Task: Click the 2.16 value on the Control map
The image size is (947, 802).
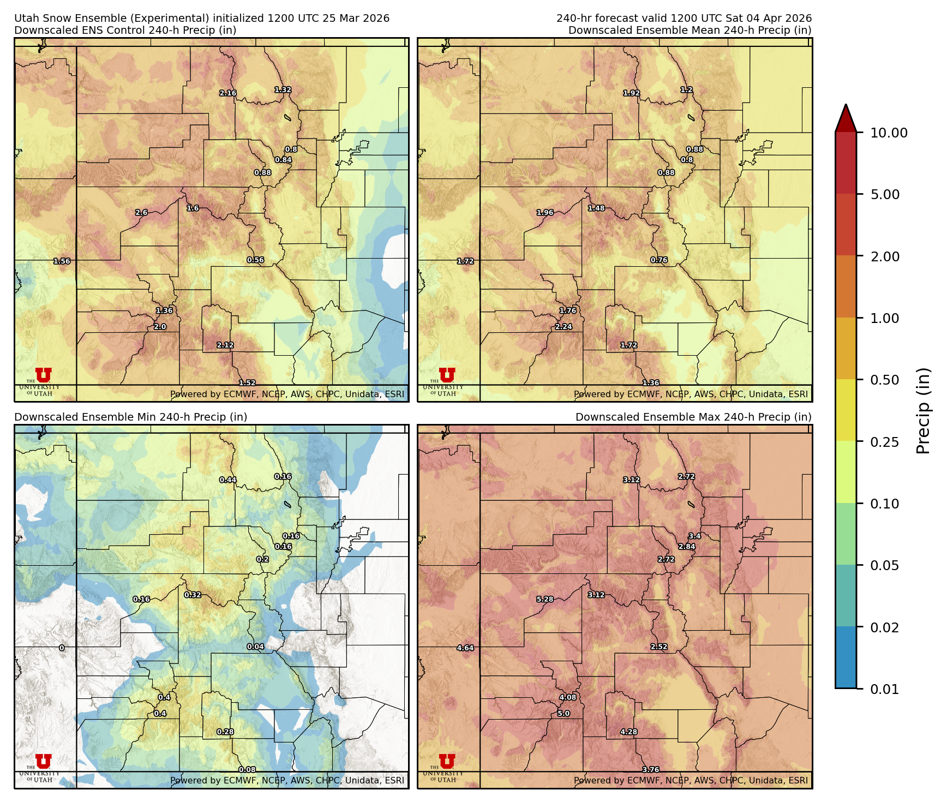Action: [228, 93]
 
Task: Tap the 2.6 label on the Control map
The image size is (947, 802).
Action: [141, 213]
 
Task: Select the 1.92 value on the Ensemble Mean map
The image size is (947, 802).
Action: [632, 93]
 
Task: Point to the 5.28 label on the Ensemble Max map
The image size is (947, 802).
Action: [545, 599]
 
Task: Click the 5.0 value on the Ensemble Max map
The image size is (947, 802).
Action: [564, 714]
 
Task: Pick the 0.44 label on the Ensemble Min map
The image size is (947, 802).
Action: [228, 480]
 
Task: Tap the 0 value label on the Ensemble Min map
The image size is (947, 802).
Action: [62, 648]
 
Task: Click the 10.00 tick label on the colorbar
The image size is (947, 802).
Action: [889, 133]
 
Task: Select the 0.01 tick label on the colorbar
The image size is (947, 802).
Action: [884, 689]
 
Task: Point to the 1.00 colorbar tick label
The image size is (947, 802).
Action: [884, 318]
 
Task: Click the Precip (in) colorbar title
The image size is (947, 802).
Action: [923, 411]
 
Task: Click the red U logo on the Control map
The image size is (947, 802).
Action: [43, 375]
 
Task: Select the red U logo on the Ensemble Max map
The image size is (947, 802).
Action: [447, 761]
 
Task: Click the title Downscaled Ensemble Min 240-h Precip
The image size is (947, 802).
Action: [130, 417]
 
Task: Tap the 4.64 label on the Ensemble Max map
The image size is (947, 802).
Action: [465, 648]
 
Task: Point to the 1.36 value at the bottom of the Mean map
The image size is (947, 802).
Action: [651, 383]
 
